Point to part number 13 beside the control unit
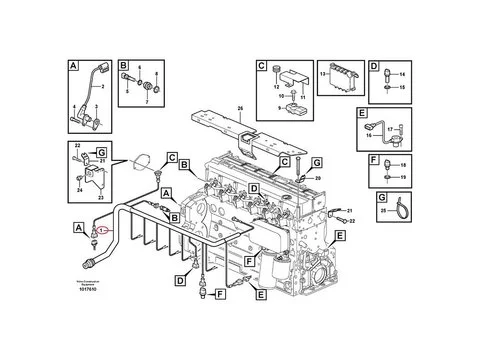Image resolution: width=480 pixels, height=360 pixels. [322, 74]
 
